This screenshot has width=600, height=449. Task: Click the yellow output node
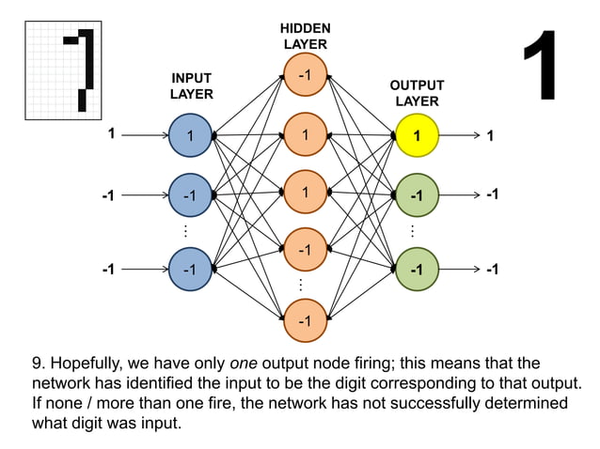417,135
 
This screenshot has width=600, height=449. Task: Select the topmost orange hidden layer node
305,75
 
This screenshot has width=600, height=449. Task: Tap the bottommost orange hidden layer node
305,321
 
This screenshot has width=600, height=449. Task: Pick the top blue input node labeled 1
191,135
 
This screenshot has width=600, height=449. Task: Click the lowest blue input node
191,269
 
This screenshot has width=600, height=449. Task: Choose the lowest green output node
417,269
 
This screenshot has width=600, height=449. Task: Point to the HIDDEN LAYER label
305,37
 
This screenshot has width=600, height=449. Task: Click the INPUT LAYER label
191,85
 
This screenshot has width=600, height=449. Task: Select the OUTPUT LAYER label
417,93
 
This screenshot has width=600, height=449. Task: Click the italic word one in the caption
245,363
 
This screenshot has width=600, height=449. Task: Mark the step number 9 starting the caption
38,363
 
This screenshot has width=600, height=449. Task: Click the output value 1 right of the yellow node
490,135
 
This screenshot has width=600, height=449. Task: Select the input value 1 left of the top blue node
111,134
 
